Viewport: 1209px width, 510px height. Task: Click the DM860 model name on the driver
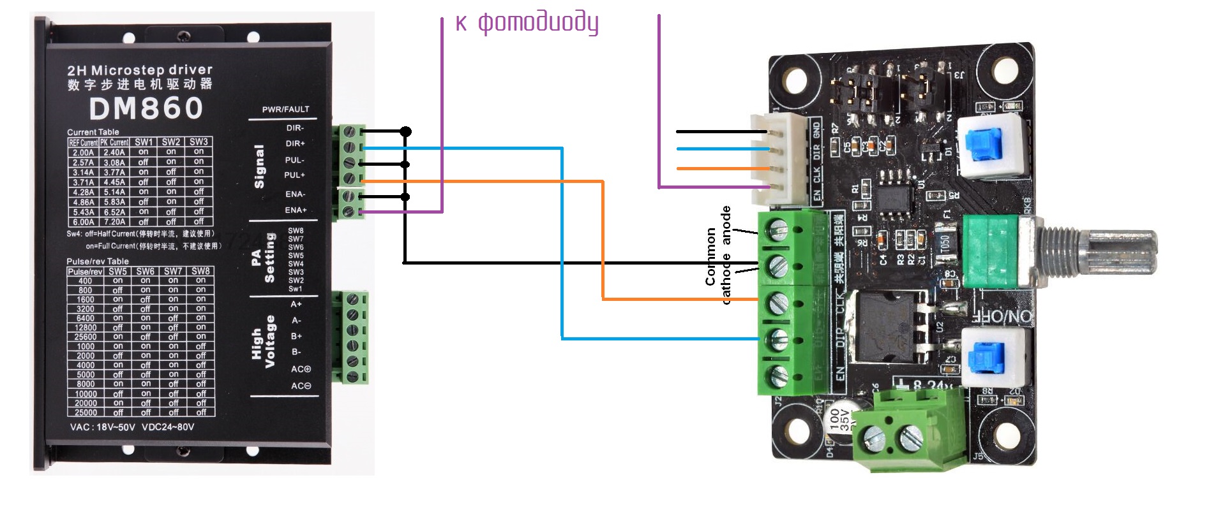146,108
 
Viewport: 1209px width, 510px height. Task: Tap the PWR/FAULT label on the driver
285,110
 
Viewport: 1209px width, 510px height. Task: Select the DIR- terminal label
295,128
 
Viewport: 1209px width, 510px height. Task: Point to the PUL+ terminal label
294,175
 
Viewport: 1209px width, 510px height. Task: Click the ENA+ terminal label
296,210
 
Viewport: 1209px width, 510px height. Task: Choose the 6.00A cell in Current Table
83,222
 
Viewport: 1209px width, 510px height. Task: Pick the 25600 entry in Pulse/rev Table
86,337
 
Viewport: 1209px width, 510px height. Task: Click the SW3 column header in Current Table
199,142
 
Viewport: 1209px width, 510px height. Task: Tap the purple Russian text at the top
527,22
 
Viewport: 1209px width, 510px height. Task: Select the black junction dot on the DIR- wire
405,131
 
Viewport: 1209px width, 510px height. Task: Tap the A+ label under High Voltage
296,304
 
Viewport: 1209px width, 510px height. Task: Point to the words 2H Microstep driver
140,70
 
